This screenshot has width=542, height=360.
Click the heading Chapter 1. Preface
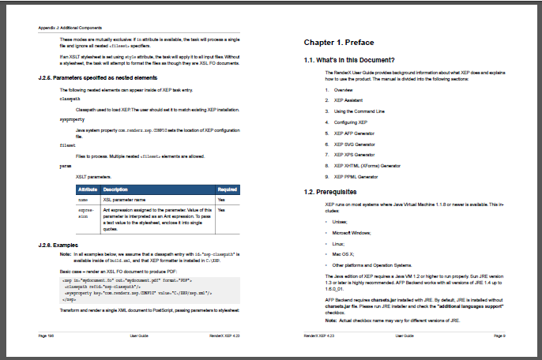point(339,42)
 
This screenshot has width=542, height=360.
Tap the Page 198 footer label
point(47,336)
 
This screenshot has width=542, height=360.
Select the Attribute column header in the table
point(88,189)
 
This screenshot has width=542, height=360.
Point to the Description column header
point(115,189)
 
